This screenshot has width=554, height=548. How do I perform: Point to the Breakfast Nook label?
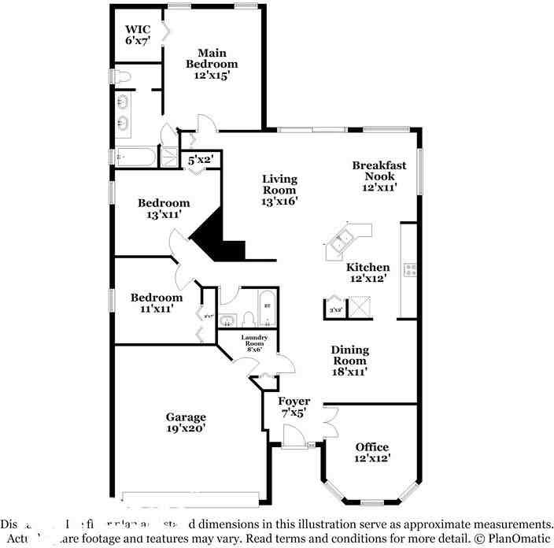[379, 176]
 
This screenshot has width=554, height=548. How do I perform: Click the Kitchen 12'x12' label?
[368, 272]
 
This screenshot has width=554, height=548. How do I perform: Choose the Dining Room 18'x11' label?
[349, 361]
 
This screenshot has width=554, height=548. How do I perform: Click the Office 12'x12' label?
[372, 452]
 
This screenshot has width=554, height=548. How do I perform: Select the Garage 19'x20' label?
[186, 423]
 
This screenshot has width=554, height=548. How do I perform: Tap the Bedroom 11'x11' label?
[157, 303]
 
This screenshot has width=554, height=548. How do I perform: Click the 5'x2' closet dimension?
[201, 161]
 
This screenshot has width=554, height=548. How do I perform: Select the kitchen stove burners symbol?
[409, 270]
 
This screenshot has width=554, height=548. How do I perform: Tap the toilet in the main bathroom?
[120, 77]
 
